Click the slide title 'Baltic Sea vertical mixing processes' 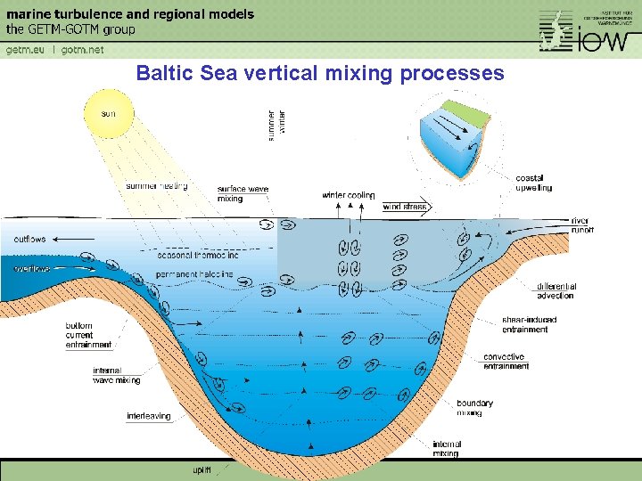pos(319,73)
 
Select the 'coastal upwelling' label pos(533,183)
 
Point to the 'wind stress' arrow pos(406,207)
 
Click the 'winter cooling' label pos(349,195)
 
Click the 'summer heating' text pos(157,186)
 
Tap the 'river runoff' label pos(581,224)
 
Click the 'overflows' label pos(31,268)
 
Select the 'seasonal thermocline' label pos(198,256)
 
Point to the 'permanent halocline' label pos(193,274)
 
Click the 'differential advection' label pos(556,290)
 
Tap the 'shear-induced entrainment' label pos(529,324)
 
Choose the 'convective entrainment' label pos(506,362)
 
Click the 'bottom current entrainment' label pos(88,335)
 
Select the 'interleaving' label pos(149,416)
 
